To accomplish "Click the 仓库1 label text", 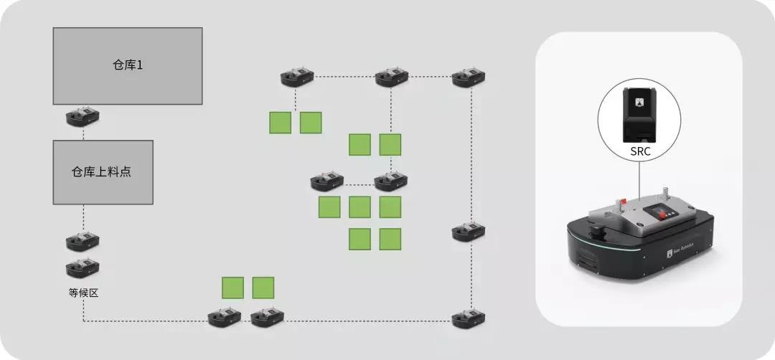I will [x=127, y=65].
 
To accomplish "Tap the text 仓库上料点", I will [x=103, y=171].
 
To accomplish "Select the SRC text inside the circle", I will [x=639, y=153].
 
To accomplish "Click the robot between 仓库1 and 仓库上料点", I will [x=83, y=117].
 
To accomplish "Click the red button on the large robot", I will [x=623, y=202].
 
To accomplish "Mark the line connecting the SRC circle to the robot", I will [x=639, y=179].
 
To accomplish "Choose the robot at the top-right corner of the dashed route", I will [x=469, y=77].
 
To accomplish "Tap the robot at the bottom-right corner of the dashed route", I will [x=469, y=318].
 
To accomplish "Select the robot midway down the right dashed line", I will [x=469, y=232].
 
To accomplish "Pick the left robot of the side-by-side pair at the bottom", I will [x=225, y=317].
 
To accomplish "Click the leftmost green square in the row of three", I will [x=329, y=207].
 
